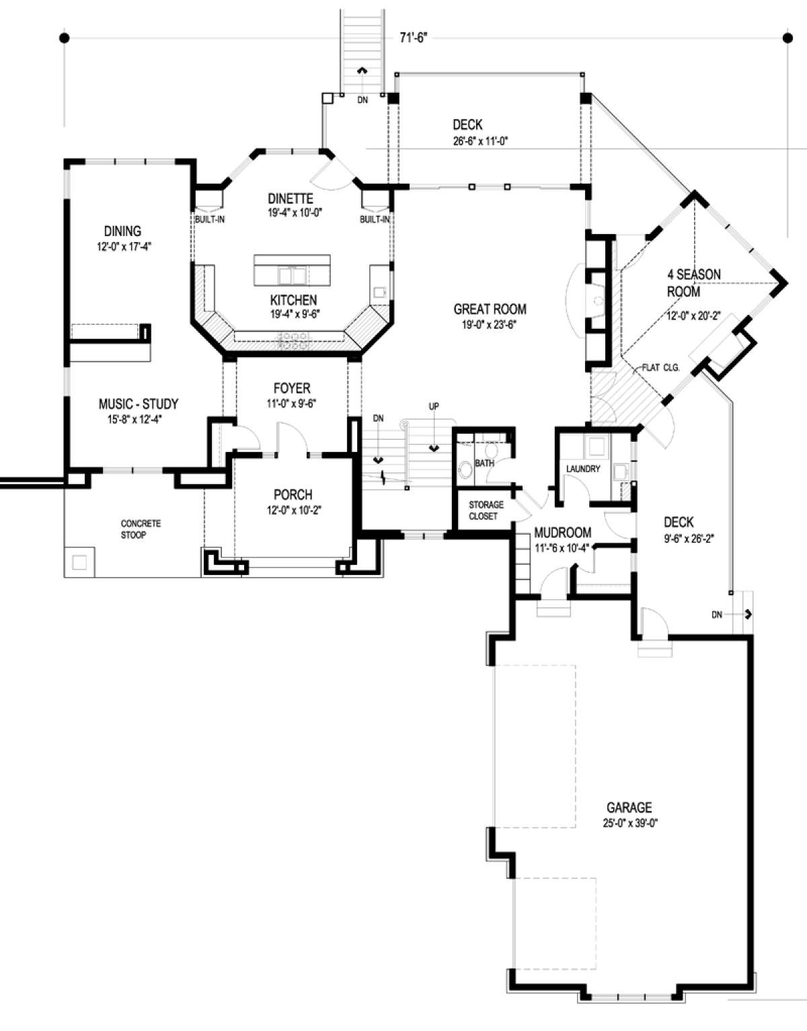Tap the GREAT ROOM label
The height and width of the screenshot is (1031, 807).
(x=490, y=309)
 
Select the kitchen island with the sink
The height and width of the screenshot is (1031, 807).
(x=292, y=270)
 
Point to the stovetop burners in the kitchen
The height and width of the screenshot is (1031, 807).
(x=293, y=340)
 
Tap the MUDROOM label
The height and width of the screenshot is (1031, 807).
(x=563, y=533)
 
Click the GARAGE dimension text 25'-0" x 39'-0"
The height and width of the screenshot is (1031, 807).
(x=630, y=824)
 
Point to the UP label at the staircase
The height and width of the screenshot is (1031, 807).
(x=434, y=407)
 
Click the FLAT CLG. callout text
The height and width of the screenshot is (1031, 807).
(x=660, y=368)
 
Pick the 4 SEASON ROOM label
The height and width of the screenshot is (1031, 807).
(x=693, y=282)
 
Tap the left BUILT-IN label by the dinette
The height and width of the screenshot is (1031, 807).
(x=210, y=220)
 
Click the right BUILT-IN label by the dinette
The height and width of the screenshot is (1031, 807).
(x=375, y=220)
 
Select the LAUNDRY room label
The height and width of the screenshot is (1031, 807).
(x=583, y=469)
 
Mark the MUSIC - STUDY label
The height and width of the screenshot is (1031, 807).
(x=138, y=404)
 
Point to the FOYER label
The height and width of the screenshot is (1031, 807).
(x=292, y=389)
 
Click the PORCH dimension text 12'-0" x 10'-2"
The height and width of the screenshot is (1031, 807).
(x=293, y=510)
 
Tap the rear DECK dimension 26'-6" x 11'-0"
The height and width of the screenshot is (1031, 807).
(x=481, y=141)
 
